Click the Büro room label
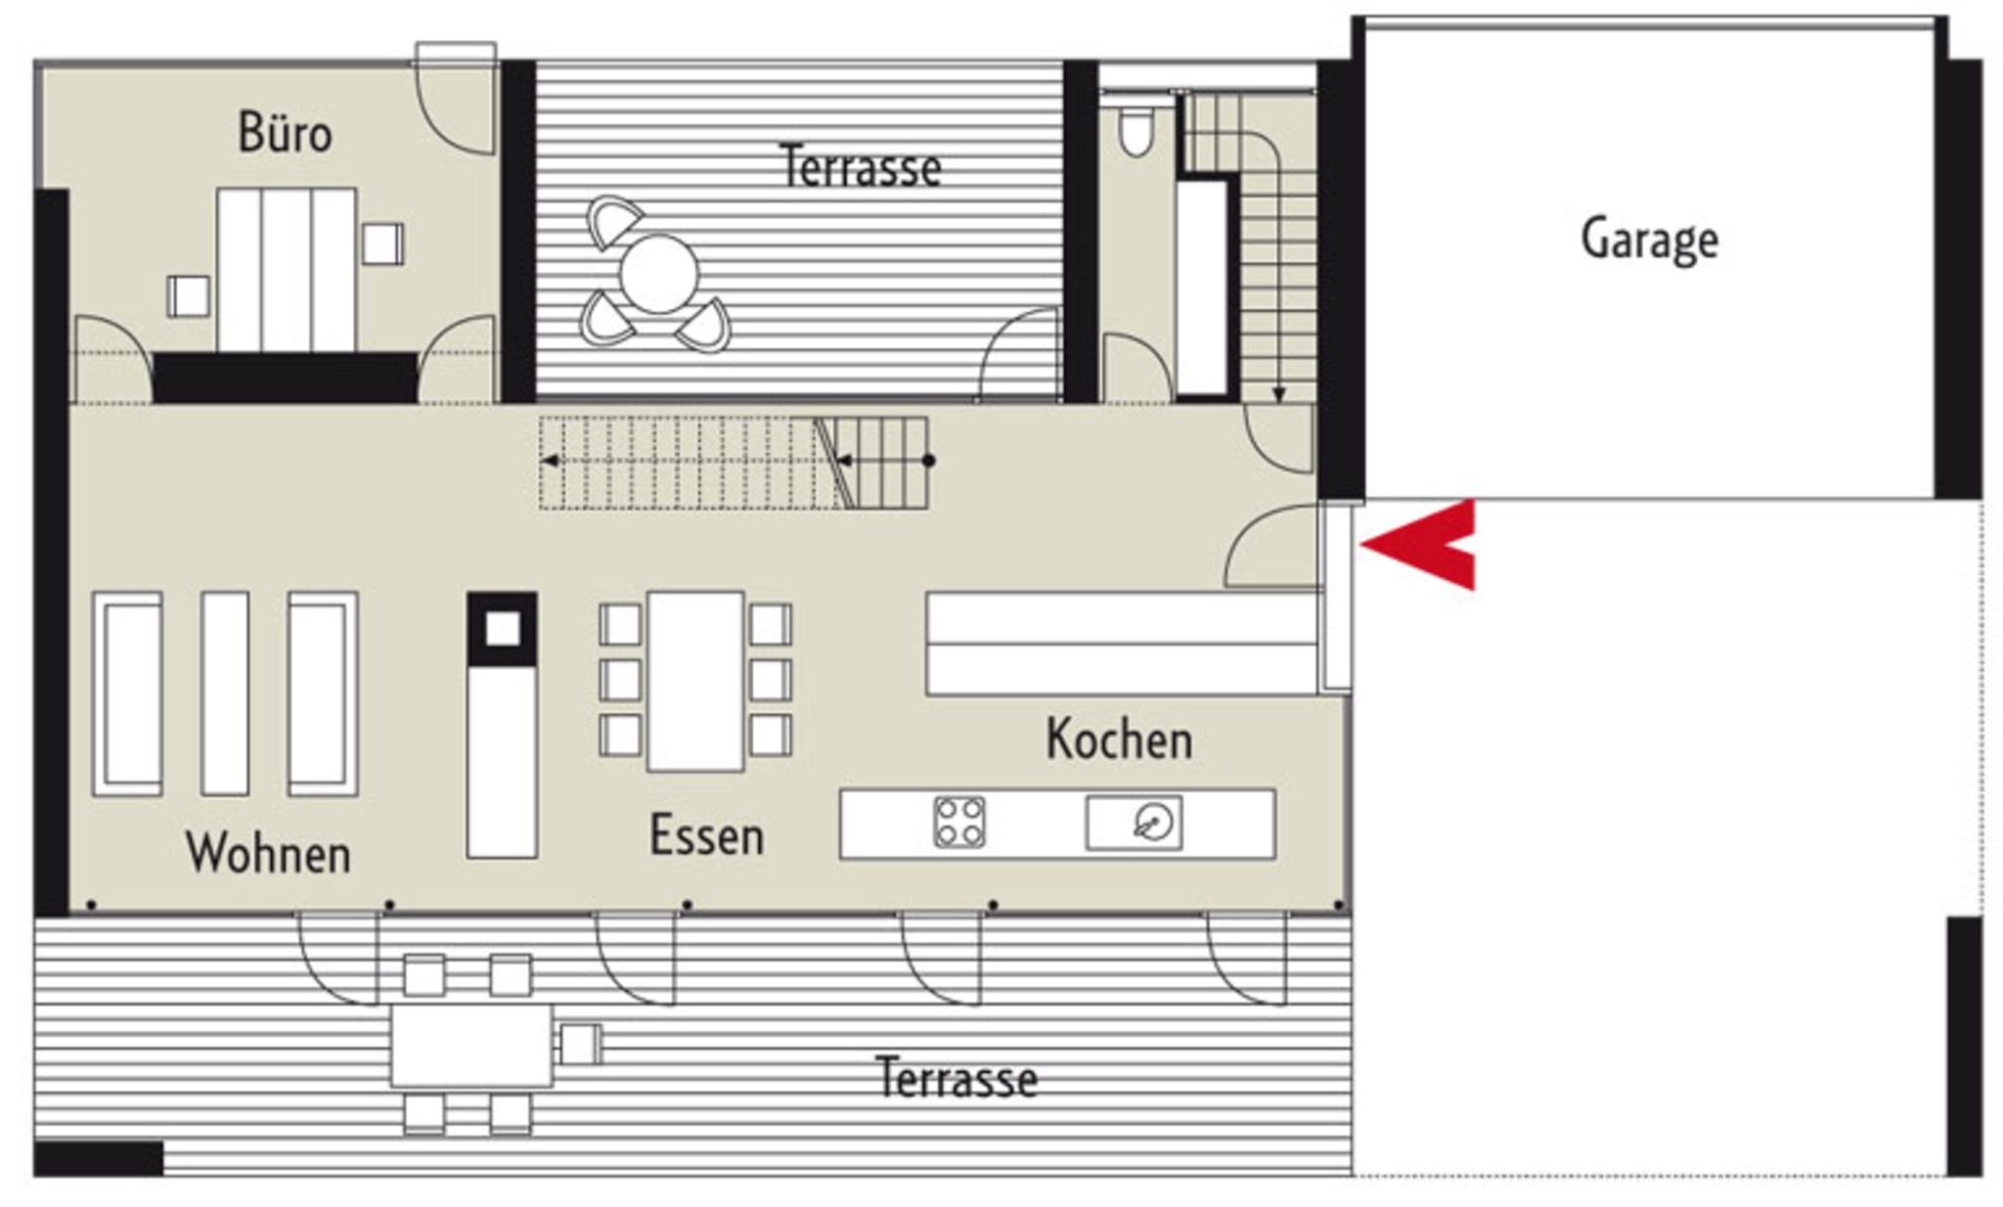[x=285, y=133]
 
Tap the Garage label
[x=1649, y=240]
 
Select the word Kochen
[x=1119, y=739]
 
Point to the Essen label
[x=706, y=836]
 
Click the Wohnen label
[x=268, y=853]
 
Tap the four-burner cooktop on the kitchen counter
[x=959, y=822]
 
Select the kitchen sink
[x=1134, y=823]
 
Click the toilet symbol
[x=1135, y=132]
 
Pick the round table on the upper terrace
[x=658, y=274]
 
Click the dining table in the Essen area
[x=695, y=681]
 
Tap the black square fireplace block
[x=502, y=629]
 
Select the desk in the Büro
[x=286, y=270]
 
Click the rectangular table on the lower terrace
[x=471, y=1046]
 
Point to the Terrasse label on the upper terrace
[x=861, y=167]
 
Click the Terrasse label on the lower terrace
[x=957, y=1078]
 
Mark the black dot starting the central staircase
[x=928, y=461]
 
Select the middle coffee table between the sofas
[x=225, y=693]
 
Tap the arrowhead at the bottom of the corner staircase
[x=1278, y=395]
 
